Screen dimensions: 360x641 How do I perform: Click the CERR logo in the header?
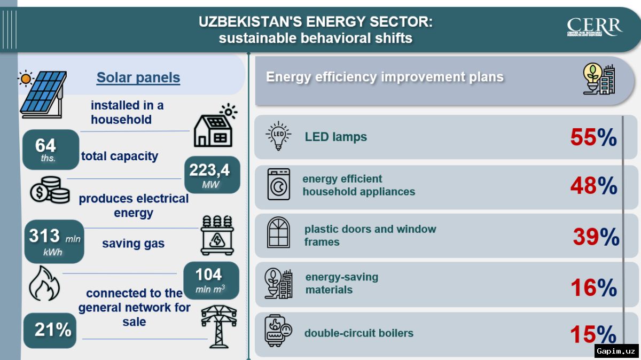coord(595,28)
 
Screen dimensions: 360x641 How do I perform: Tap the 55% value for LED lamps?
coord(593,137)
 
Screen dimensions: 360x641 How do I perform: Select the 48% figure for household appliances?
coord(593,186)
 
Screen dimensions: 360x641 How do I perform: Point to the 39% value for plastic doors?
coord(596,237)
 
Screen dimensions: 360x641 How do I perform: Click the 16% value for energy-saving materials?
coord(593,288)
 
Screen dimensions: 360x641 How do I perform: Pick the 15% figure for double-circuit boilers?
coord(593,335)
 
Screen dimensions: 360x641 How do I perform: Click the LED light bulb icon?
coord(278,136)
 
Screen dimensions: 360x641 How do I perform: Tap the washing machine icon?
coord(278,185)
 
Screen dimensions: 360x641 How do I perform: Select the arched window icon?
coord(278,233)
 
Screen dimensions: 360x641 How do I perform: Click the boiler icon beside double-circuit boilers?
coord(278,332)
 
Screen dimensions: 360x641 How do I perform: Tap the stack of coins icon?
coord(50,190)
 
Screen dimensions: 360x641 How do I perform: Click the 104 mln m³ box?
coord(210,280)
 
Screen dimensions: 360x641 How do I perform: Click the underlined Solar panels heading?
coord(138,78)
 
